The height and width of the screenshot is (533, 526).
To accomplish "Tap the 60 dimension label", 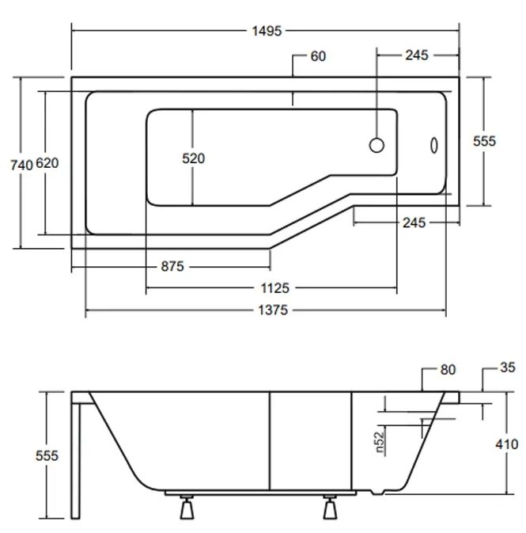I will pos(317,56).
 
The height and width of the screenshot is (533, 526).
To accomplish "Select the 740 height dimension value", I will pos(21,164).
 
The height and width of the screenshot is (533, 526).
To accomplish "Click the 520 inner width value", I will pos(193,158).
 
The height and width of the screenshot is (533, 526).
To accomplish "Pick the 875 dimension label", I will pos(172,266).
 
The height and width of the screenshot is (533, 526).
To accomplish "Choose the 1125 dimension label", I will pos(272,288).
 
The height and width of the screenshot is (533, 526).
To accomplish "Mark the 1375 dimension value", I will pos(272,310).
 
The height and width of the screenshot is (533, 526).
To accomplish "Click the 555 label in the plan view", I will pos(484,141).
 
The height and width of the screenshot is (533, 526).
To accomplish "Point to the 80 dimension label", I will pos(448,370).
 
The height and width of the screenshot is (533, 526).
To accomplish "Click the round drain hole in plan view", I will pos(377,144).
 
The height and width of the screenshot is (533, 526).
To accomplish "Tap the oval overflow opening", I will pos(433,145).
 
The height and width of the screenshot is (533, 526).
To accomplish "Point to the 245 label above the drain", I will pos(416,55).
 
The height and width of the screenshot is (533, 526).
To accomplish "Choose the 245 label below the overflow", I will pos(413,223).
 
